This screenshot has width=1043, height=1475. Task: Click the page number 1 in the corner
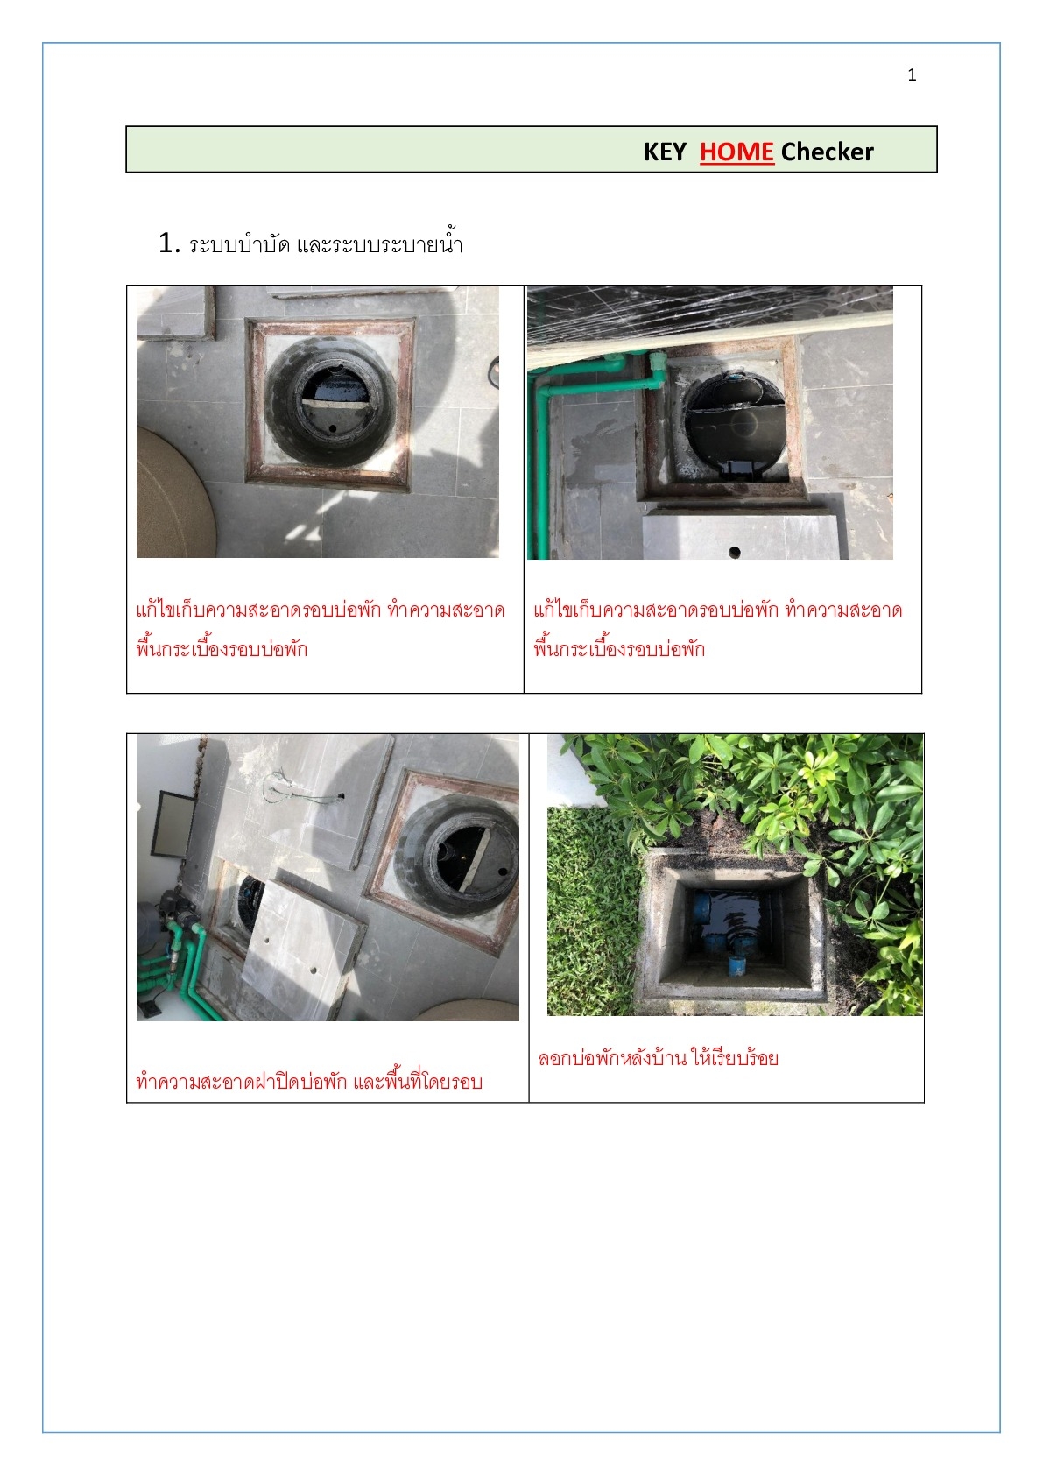[912, 75]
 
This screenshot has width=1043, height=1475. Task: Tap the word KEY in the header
[665, 152]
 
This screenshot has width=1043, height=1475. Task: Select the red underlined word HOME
[736, 152]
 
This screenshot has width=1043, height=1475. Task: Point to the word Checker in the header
[827, 152]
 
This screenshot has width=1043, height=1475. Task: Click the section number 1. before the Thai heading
[168, 243]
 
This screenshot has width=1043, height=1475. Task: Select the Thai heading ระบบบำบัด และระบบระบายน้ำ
[326, 243]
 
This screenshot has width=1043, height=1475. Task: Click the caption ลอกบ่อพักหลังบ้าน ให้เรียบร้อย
[658, 1058]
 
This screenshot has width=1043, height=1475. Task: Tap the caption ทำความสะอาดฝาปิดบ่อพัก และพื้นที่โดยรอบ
[309, 1081]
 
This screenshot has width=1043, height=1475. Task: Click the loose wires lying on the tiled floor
[303, 790]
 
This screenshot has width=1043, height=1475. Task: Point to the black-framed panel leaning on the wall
[173, 823]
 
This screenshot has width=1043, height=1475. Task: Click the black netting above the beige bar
[711, 309]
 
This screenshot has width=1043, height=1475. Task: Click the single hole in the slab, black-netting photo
[735, 552]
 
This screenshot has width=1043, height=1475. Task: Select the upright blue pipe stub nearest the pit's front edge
[736, 966]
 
